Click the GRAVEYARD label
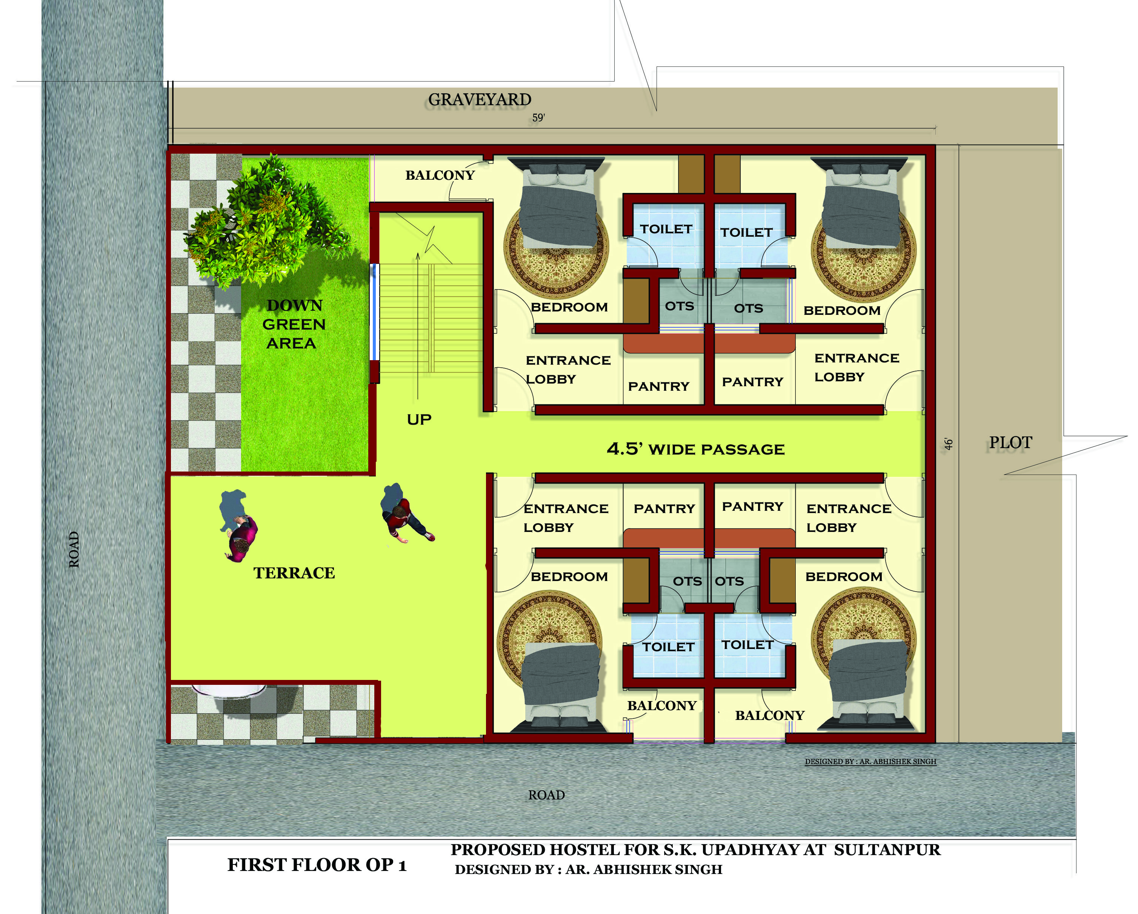coord(479,99)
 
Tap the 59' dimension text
coord(538,118)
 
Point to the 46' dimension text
coord(949,444)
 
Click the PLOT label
coord(1010,442)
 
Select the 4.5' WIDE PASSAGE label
coord(696,449)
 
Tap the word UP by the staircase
coord(419,420)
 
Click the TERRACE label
coord(294,573)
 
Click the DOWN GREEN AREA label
coord(294,324)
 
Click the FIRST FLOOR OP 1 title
coord(317,865)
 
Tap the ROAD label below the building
coord(546,795)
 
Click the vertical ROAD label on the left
coord(74,549)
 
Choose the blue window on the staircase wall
coord(374,312)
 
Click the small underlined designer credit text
coord(870,761)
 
